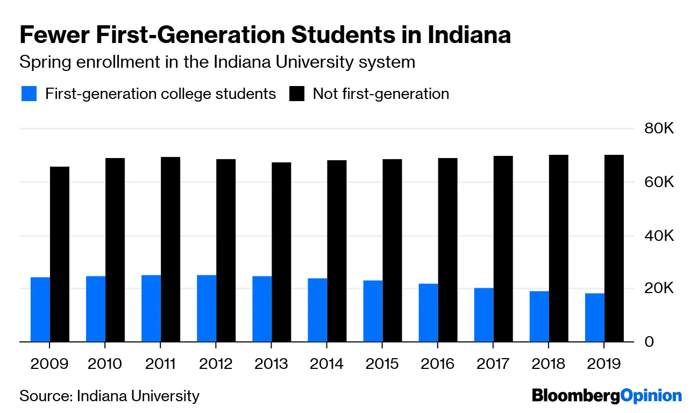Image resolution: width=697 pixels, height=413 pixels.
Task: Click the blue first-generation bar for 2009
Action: click(40, 309)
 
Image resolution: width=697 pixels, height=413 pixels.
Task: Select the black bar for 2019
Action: click(614, 248)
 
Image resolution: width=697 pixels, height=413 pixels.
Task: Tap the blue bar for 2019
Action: click(595, 317)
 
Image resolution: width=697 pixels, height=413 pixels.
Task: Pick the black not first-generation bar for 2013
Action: click(281, 252)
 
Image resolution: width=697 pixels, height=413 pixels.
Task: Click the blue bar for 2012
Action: click(207, 308)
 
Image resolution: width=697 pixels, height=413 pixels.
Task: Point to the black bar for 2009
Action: click(60, 254)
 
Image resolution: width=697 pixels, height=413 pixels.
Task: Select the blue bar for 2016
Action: click(428, 312)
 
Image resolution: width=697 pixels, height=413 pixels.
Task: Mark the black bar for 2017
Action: click(503, 248)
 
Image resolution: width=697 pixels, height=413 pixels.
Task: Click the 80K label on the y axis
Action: click(659, 130)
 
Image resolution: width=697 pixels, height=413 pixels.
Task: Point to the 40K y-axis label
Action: click(659, 237)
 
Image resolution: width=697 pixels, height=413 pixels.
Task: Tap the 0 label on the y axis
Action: click(649, 343)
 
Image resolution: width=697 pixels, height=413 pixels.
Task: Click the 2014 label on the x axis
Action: click(326, 364)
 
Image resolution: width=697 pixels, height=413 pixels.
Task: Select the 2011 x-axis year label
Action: click(160, 364)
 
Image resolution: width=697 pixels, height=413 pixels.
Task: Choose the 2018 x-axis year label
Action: click(549, 364)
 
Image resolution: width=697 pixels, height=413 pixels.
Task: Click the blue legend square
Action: click(29, 94)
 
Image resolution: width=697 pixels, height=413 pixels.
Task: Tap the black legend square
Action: click(297, 94)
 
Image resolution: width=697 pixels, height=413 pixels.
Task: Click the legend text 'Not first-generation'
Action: click(381, 94)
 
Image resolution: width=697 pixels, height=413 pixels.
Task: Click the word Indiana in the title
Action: click(469, 35)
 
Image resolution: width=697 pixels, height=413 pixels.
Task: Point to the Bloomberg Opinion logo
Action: click(607, 396)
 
